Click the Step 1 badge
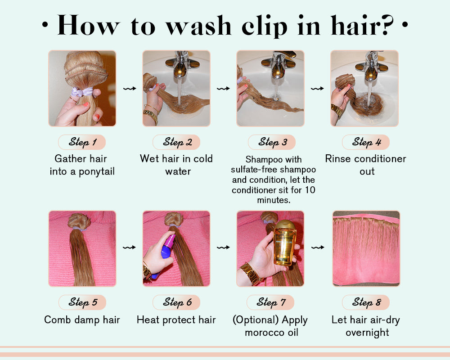82,142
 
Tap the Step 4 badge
366,142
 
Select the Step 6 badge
176,302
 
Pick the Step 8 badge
366,302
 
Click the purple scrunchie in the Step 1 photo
82,92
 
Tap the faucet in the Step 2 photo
181,65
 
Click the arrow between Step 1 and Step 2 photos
130,88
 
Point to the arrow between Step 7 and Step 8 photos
318,247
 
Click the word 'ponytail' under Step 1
97,171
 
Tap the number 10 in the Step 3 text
310,190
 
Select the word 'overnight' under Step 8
367,333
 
